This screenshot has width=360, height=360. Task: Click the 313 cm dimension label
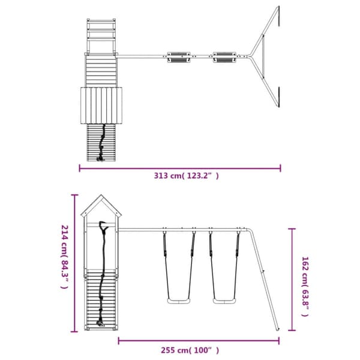pyautogui.click(x=186, y=176)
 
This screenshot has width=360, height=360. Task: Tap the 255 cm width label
pyautogui.click(x=190, y=350)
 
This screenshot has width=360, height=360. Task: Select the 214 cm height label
pyautogui.click(x=65, y=257)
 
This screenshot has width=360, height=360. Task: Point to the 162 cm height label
pyautogui.click(x=305, y=287)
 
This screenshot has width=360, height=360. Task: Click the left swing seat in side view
pyautogui.click(x=179, y=301)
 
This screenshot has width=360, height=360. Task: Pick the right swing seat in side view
pyautogui.click(x=224, y=301)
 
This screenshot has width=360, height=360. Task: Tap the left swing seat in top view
pyautogui.click(x=179, y=57)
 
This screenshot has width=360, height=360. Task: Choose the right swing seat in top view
pyautogui.click(x=224, y=57)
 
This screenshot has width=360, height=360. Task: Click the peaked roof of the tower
pyautogui.click(x=101, y=206)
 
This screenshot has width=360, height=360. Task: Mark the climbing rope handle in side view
pyautogui.click(x=103, y=227)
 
